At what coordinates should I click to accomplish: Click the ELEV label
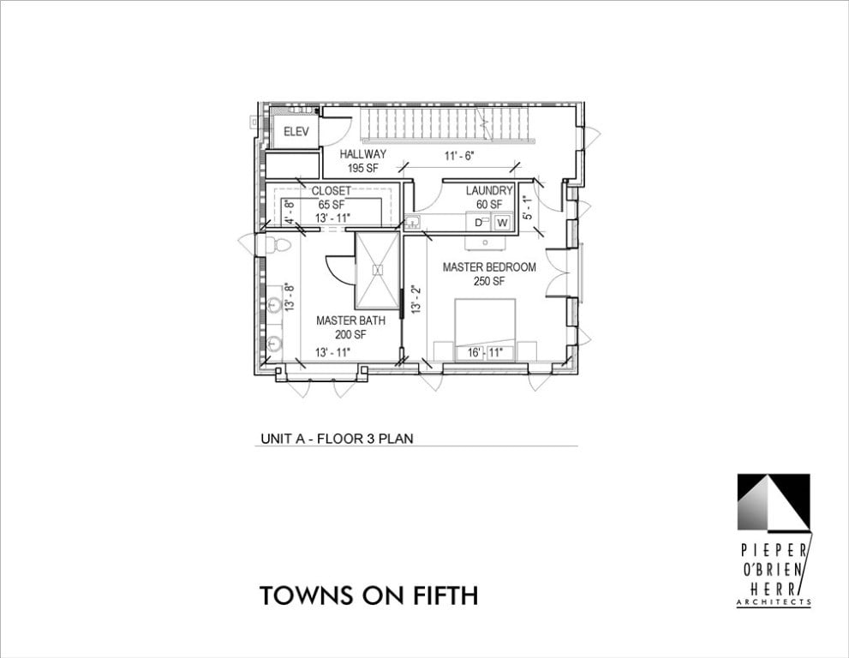[296, 132]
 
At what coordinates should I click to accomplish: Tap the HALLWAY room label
[362, 154]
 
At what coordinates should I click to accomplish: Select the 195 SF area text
[362, 168]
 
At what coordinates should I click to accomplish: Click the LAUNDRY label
[489, 190]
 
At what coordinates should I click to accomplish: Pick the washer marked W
[502, 223]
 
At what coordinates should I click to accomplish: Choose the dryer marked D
[481, 223]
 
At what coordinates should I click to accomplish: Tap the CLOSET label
[331, 190]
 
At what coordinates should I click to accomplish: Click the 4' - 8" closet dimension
[290, 212]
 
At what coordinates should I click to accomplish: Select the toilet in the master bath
[275, 245]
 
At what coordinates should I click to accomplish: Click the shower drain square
[377, 269]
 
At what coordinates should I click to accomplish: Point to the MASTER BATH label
[350, 321]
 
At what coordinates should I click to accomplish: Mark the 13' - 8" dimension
[290, 296]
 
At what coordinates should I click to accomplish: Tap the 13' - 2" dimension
[416, 300]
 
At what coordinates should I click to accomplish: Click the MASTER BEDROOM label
[489, 267]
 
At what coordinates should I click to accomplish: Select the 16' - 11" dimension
[484, 352]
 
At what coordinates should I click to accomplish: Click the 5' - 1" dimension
[528, 208]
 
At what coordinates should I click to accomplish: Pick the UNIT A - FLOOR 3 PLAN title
[337, 439]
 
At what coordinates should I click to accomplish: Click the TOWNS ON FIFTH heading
[368, 595]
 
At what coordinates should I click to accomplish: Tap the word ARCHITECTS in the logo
[773, 603]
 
